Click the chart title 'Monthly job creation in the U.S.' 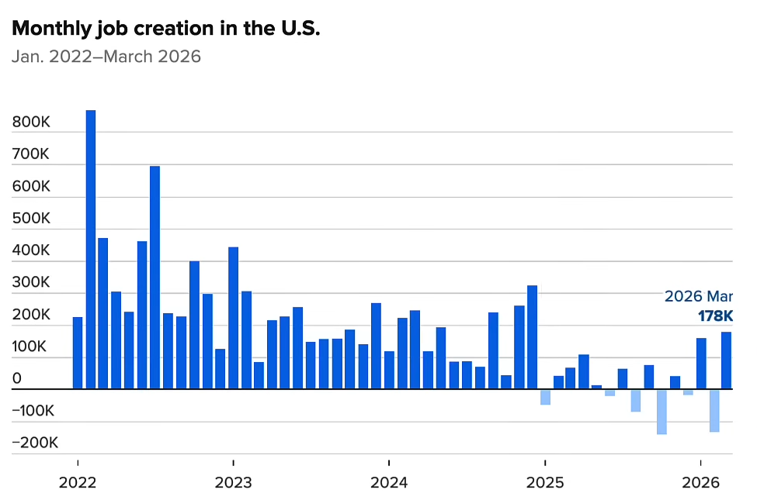(166, 29)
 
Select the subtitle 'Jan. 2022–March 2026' (106, 57)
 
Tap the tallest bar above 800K (90, 248)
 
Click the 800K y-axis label (31, 122)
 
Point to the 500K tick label (31, 219)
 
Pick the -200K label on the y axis (36, 443)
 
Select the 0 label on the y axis (17, 379)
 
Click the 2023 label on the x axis (233, 482)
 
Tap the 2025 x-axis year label (545, 482)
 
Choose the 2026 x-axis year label (701, 482)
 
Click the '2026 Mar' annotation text (698, 296)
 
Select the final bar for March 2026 (726, 360)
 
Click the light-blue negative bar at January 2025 (545, 397)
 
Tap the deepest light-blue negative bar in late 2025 (662, 412)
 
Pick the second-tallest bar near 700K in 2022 (155, 277)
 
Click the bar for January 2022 (78, 353)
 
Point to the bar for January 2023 (233, 318)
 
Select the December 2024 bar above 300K (532, 337)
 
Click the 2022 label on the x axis (78, 482)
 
